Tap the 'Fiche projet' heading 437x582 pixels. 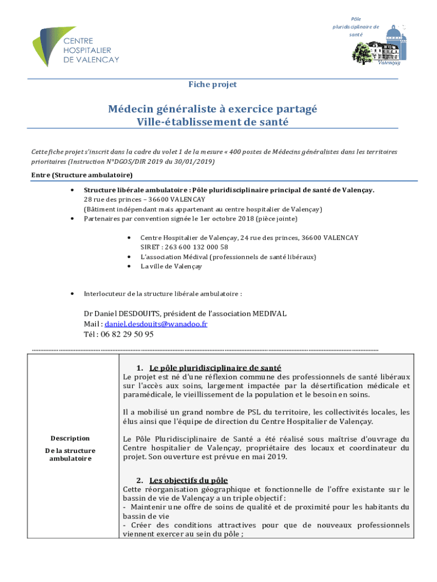(x=212, y=85)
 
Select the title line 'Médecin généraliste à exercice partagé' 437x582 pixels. (x=213, y=109)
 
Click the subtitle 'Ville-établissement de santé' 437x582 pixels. (x=212, y=122)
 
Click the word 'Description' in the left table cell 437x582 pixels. (x=70, y=438)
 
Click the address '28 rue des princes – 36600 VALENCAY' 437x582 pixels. (x=144, y=199)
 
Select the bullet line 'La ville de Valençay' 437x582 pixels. (x=171, y=266)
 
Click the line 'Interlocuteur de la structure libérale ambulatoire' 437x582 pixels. (x=163, y=294)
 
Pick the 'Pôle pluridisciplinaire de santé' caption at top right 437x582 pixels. (x=356, y=27)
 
